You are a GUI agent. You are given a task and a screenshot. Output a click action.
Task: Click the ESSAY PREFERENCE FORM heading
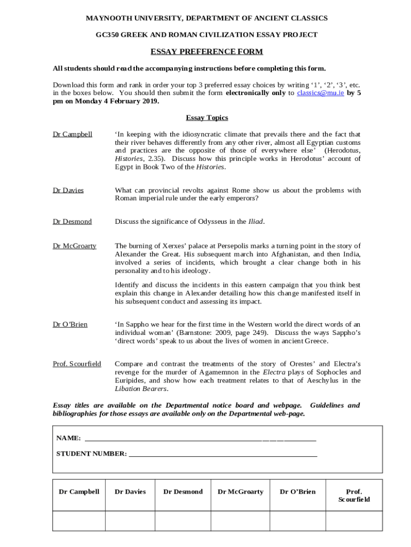(207, 52)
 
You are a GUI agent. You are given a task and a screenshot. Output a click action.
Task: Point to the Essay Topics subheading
(207, 118)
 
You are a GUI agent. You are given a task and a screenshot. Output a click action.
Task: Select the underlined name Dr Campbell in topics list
(72, 134)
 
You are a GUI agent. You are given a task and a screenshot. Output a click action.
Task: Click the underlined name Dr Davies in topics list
(68, 190)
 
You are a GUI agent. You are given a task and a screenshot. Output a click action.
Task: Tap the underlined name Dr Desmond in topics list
(72, 221)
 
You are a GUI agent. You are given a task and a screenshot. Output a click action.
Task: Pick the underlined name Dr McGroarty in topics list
(74, 246)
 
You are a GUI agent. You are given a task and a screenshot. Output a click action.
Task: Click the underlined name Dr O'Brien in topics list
(70, 324)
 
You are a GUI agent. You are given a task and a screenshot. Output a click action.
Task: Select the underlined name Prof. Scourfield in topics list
(77, 364)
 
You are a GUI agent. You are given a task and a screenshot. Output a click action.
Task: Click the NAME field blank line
(200, 439)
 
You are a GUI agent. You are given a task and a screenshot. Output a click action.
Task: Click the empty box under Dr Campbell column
(79, 521)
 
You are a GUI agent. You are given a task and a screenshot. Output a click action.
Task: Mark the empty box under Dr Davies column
(130, 521)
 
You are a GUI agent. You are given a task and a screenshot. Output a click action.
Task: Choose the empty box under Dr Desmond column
(183, 521)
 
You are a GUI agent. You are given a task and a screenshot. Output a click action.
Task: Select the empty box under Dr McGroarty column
(240, 521)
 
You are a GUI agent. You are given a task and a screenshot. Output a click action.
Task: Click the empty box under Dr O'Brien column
(298, 521)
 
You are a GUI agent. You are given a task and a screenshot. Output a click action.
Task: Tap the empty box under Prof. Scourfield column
(354, 521)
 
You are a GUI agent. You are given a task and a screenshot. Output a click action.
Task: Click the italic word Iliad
(256, 221)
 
